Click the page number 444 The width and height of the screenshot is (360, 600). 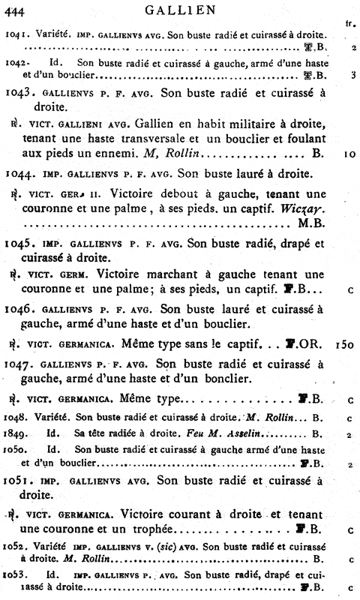[x=15, y=9]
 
